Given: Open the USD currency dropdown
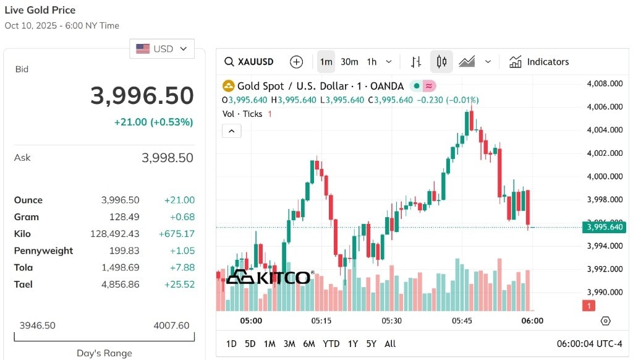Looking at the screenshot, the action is [162, 49].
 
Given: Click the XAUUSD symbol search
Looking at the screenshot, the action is [249, 62].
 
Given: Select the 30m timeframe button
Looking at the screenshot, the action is [349, 62].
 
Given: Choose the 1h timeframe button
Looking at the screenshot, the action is [372, 62].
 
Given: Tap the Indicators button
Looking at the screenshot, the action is [539, 62].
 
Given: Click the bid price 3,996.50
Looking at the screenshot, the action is [142, 96].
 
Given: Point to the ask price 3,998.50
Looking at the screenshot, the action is [167, 158].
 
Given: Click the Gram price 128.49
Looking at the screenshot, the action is [124, 217].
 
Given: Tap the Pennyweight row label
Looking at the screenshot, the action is [44, 251].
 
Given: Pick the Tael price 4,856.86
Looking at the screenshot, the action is [121, 285].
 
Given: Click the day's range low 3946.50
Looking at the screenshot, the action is [38, 325].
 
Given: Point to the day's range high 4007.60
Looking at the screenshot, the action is [171, 325].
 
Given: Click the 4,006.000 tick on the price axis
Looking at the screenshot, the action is [605, 106].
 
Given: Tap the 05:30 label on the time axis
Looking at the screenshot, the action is [391, 321].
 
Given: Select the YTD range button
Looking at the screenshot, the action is [331, 344].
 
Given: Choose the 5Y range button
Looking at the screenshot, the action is [372, 344].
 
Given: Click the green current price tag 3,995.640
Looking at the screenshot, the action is [604, 227].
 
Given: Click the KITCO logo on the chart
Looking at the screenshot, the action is [270, 277].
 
